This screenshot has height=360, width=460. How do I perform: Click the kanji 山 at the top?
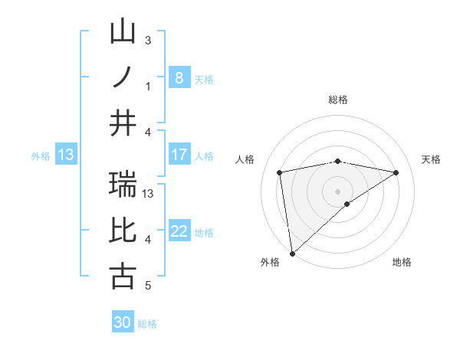click(123, 32)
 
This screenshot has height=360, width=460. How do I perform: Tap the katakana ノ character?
click(123, 77)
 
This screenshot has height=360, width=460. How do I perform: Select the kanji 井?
click(123, 123)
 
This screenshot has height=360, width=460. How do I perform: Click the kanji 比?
click(123, 231)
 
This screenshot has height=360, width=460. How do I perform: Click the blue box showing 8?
click(179, 78)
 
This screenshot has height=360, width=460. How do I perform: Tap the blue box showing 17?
click(179, 155)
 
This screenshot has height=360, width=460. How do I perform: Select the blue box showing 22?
click(179, 231)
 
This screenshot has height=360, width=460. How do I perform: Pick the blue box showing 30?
click(123, 322)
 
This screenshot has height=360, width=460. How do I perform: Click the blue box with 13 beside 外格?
click(66, 155)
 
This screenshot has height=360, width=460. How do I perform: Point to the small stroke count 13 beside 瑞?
click(149, 193)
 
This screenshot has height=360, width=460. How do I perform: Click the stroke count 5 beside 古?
click(148, 286)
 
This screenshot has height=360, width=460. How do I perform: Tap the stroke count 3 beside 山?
click(148, 40)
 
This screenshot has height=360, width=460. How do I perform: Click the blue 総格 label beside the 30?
click(147, 324)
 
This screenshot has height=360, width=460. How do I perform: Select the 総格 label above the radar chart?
click(337, 100)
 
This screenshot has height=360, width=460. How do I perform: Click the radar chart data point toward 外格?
click(292, 253)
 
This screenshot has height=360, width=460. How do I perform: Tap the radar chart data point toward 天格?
click(396, 172)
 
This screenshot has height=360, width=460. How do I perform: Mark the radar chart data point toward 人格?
click(280, 172)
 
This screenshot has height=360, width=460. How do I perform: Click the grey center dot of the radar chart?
click(337, 191)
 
